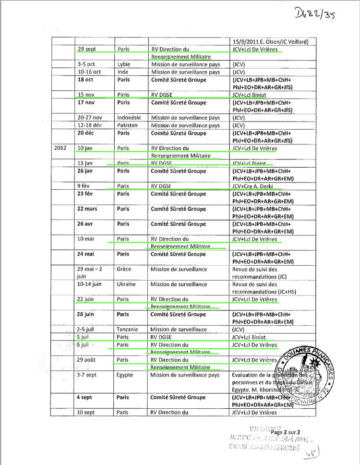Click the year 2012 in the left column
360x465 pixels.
coord(61,148)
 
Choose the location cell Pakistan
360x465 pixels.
coord(127,125)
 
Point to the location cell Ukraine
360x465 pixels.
coord(126,284)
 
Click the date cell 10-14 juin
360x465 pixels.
coord(89,284)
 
